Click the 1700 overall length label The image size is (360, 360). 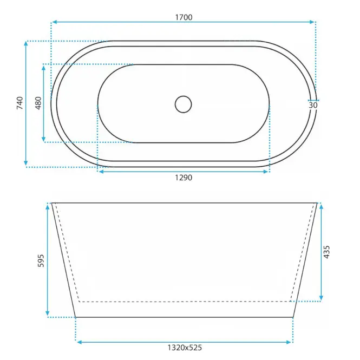pyautogui.click(x=184, y=17)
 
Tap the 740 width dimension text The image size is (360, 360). pyautogui.click(x=20, y=103)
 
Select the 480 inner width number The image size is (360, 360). pyautogui.click(x=38, y=103)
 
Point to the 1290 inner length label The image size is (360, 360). pyautogui.click(x=184, y=178)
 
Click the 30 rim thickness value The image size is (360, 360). pyautogui.click(x=313, y=106)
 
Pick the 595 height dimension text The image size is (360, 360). pyautogui.click(x=41, y=260)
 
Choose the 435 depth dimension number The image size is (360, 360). pyautogui.click(x=326, y=252)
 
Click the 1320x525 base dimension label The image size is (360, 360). pyautogui.click(x=185, y=348)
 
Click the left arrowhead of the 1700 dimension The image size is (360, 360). pyautogui.click(x=55, y=22)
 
